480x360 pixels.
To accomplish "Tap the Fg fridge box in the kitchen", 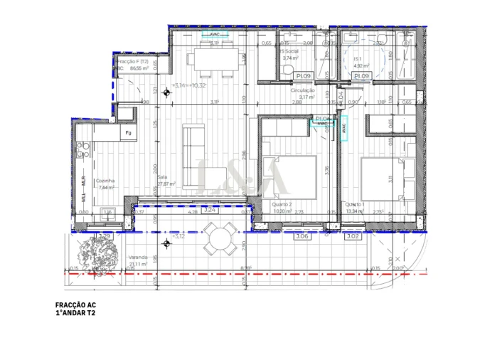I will click(129, 133).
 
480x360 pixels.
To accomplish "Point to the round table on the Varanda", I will click(221, 238).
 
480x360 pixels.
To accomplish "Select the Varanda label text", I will click(139, 257).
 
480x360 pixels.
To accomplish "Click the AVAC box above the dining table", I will click(214, 33).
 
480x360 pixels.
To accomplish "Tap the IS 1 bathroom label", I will click(358, 60).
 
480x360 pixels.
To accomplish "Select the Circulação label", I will click(303, 91).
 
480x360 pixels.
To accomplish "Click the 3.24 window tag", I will click(209, 211).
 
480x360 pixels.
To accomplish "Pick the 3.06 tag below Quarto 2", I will click(302, 236).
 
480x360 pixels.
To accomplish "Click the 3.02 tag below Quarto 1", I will click(353, 236).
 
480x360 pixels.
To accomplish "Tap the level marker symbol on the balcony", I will click(166, 244).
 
